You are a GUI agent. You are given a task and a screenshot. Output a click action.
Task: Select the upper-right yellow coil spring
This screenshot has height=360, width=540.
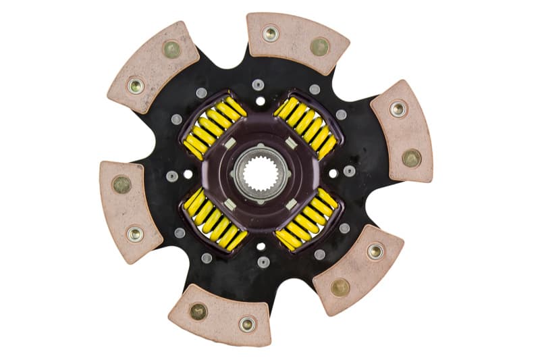pos(306,124)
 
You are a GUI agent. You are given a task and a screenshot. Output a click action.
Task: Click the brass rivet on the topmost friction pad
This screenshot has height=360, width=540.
pos(319,46)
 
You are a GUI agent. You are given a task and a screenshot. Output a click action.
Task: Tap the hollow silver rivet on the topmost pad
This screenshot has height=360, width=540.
pos(271,32)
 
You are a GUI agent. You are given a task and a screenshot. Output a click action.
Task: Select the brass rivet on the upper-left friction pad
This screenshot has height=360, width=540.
pos(171,49)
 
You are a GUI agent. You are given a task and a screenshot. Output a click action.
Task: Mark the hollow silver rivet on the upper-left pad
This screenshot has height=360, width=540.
pos(136,85)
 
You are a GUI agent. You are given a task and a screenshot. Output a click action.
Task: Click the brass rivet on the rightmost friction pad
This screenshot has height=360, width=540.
pos(410,157)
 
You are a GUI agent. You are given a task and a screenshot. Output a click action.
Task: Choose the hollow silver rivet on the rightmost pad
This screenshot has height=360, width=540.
pos(398,108)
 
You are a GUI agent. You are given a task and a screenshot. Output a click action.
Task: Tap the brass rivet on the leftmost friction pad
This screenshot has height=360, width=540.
pos(122,184)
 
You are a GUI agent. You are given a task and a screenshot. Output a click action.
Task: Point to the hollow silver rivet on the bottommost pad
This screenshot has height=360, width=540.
pos(247,324)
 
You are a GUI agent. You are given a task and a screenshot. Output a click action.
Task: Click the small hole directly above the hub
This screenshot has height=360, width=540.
pos(260,101)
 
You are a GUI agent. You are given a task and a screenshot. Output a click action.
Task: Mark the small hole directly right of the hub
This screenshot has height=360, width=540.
pos(333,174)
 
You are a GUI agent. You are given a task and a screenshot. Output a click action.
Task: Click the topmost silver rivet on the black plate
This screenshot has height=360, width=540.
pos(258,85)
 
